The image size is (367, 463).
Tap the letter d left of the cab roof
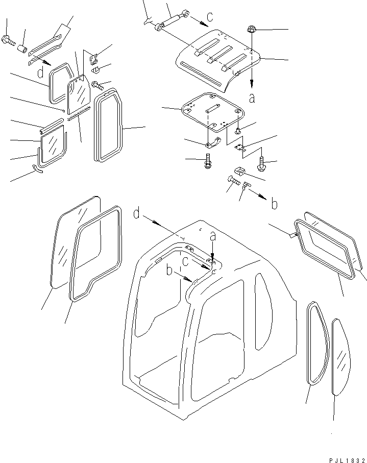136,213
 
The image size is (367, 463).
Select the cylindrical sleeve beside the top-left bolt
22,48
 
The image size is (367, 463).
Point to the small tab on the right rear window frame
292,235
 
